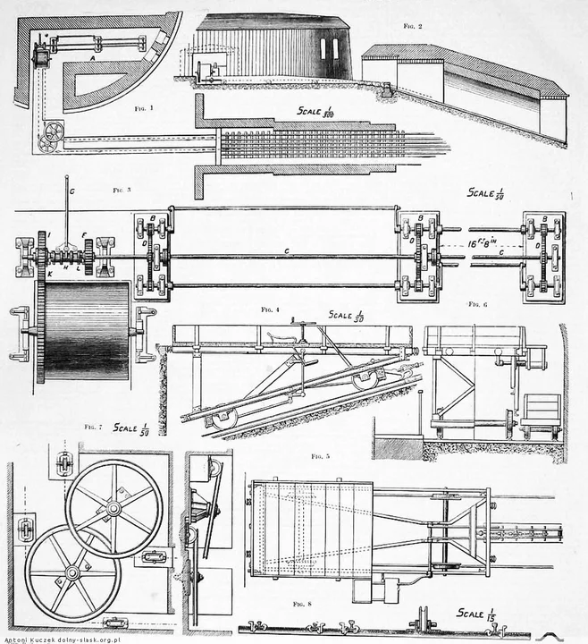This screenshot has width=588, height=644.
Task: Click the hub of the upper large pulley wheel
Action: [x=113, y=508]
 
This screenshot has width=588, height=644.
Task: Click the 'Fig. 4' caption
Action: [x=271, y=309]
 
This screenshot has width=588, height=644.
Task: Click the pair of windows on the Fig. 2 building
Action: [x=330, y=49]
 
